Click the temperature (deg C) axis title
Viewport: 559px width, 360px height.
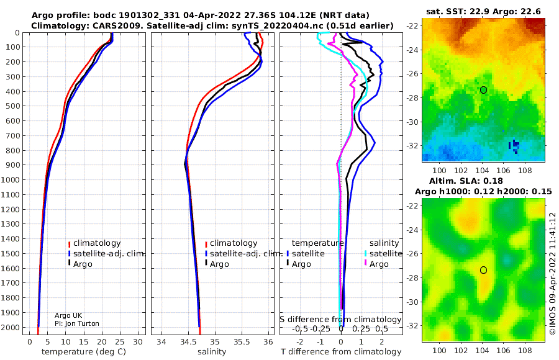click(84, 352)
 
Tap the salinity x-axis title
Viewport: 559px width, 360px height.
click(212, 352)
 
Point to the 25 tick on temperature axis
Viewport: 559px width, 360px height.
click(120, 342)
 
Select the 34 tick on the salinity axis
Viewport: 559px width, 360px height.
click(161, 342)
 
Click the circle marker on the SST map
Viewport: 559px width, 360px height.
click(483, 90)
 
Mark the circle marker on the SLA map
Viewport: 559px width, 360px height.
click(483, 270)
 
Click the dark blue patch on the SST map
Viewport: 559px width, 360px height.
click(514, 145)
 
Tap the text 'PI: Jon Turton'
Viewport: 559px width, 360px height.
click(77, 323)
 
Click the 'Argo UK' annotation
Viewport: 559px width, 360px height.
click(68, 315)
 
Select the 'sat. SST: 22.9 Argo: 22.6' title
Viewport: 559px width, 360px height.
click(483, 11)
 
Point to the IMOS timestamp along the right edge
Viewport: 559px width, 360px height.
click(552, 273)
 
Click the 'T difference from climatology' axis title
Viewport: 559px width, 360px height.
click(341, 352)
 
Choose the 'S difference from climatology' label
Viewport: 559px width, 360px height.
click(341, 319)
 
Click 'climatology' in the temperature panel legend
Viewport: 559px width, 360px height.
click(97, 243)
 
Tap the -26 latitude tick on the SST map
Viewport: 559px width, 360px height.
click(413, 74)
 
